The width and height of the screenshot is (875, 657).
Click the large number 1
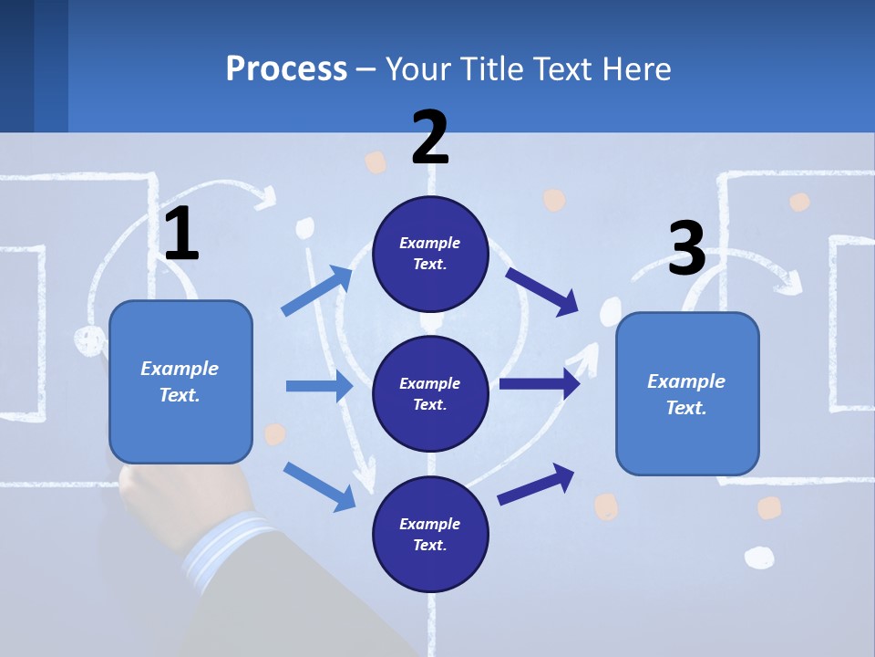(181, 235)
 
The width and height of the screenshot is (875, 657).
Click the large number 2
(430, 138)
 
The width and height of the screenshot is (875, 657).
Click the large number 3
(686, 248)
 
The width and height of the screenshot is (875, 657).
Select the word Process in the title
(286, 68)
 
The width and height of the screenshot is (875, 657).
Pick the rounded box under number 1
(180, 381)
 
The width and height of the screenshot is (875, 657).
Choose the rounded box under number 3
(687, 393)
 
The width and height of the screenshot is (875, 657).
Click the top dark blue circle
(430, 254)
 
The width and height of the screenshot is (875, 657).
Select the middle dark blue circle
(430, 393)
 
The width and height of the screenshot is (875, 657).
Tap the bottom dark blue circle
(430, 534)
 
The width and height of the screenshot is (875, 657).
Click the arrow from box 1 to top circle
(317, 291)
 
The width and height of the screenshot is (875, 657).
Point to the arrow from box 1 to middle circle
(319, 386)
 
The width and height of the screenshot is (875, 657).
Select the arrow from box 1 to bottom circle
(319, 486)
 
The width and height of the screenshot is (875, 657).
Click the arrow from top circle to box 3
(541, 291)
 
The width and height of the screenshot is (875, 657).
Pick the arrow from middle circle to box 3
(540, 384)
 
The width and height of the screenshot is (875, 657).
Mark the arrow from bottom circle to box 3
(537, 483)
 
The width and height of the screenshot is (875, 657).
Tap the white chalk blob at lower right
(758, 557)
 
